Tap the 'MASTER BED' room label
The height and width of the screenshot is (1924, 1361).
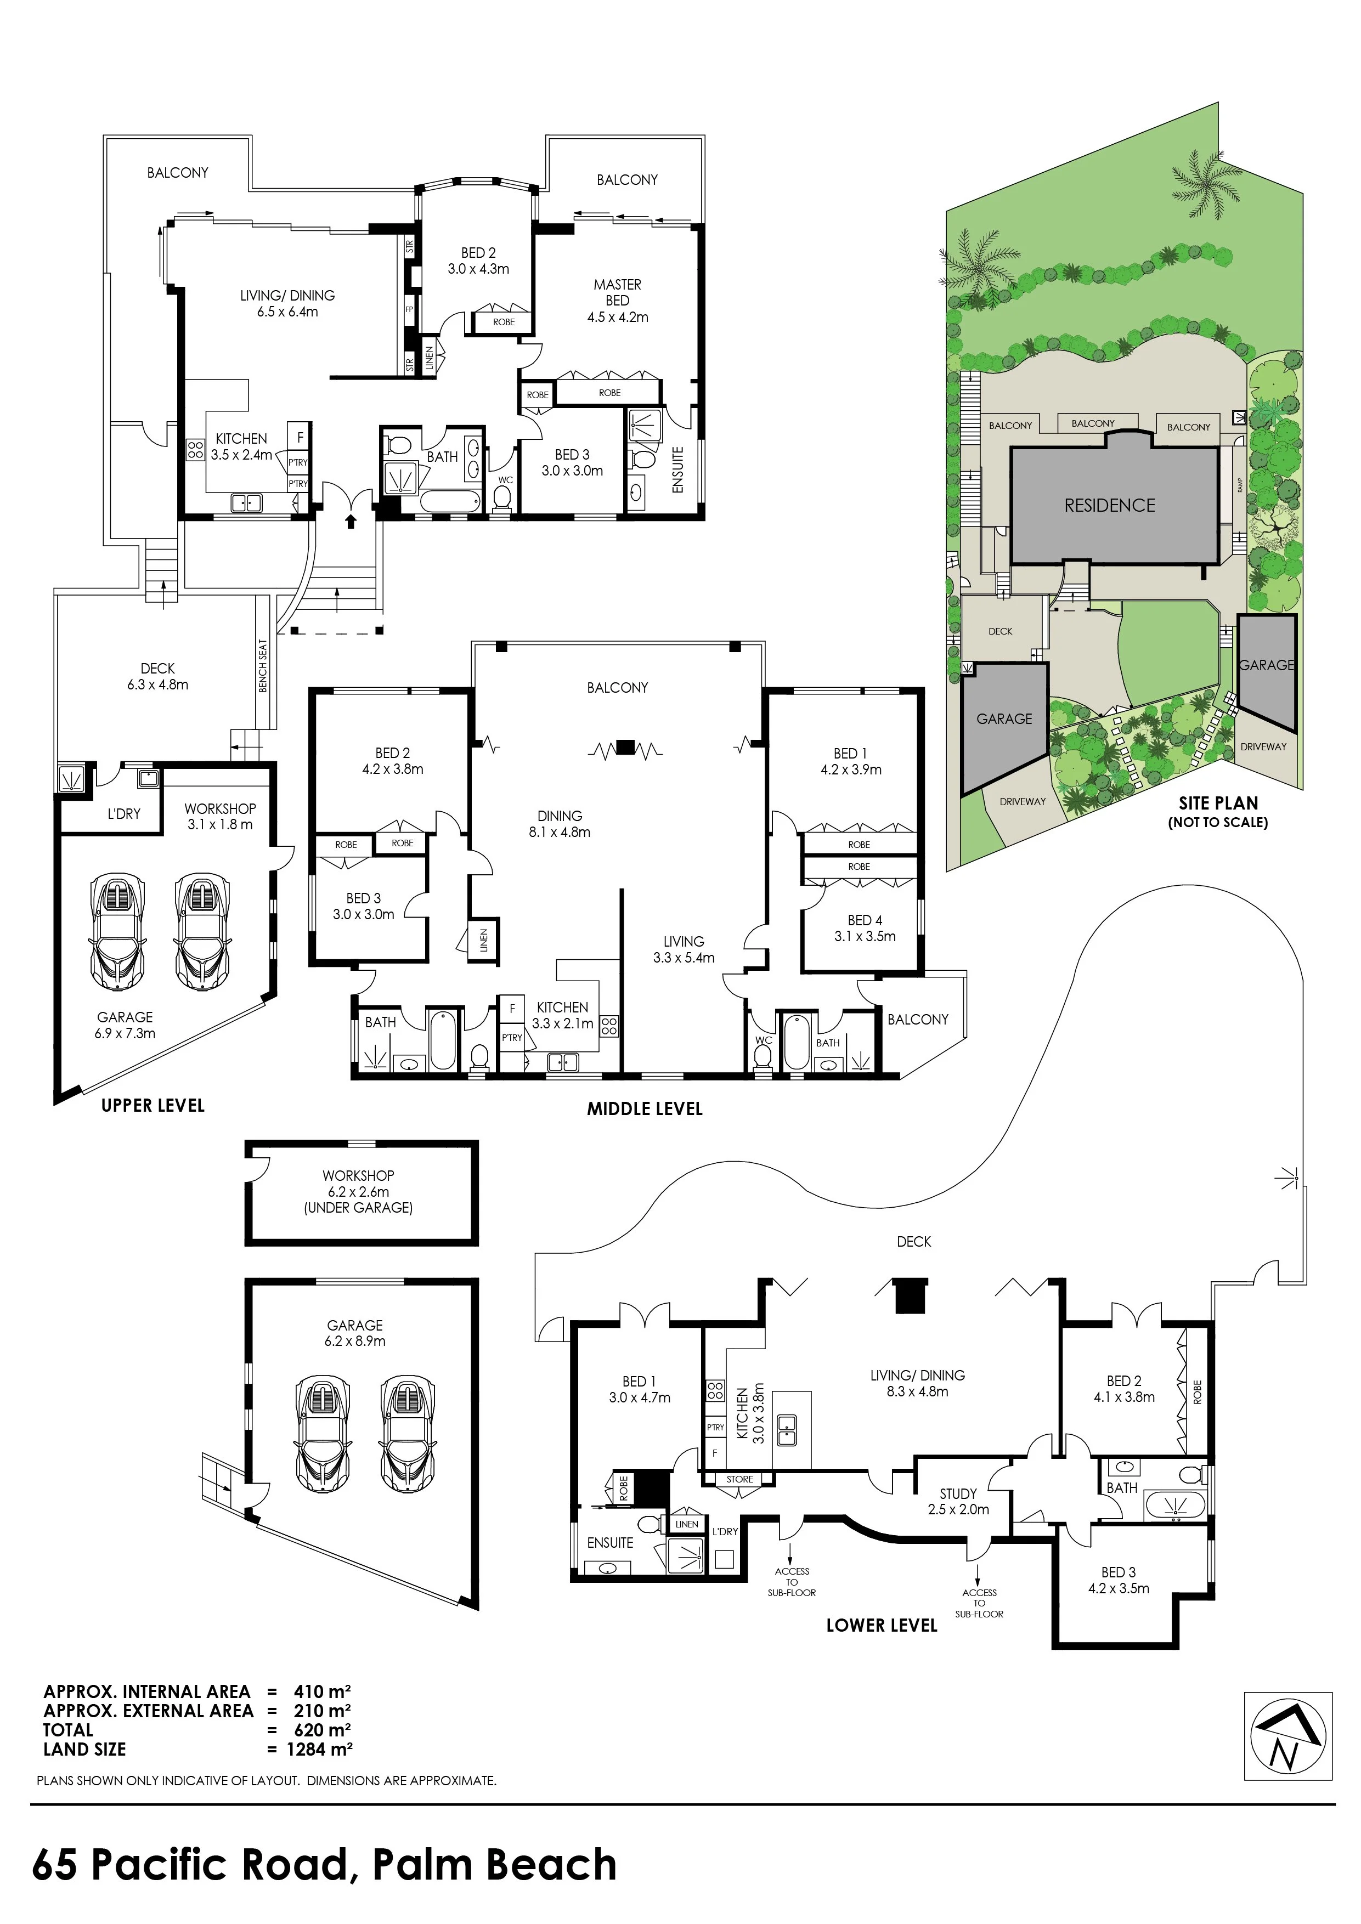point(618,292)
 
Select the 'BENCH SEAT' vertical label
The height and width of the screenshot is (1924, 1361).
point(263,666)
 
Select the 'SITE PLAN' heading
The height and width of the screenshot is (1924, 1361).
point(1218,803)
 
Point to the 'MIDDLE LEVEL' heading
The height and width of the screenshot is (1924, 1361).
point(645,1108)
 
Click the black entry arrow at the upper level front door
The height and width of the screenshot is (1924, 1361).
point(351,522)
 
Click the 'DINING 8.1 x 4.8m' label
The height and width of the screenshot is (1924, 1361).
point(560,824)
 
